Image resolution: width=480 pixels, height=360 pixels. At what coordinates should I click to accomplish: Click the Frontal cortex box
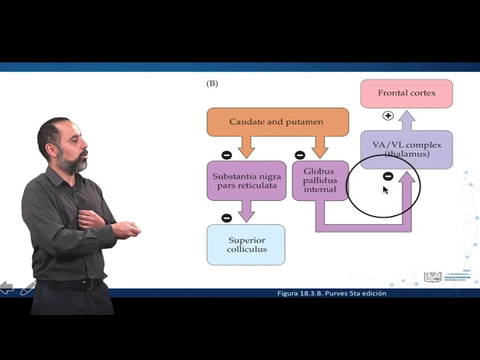click(406, 93)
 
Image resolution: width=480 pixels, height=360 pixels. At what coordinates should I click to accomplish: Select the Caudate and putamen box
click(277, 121)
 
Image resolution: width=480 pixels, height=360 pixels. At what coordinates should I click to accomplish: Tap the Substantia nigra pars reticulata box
click(246, 180)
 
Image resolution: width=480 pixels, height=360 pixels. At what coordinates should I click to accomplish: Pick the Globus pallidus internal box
click(320, 180)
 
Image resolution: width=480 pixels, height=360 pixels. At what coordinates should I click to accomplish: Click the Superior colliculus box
click(246, 244)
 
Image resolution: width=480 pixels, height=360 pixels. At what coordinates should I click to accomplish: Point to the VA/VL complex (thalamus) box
click(406, 148)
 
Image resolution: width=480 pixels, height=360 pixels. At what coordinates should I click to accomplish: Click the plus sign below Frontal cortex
click(388, 115)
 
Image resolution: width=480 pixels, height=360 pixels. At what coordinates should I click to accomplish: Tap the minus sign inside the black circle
click(388, 176)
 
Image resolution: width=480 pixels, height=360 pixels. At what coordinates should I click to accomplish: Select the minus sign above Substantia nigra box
click(226, 155)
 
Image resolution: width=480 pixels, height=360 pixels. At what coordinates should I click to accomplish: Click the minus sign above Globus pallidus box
click(300, 155)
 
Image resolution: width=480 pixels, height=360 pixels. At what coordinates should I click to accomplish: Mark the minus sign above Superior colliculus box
click(226, 218)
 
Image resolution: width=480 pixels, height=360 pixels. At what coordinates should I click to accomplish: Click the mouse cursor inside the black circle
click(385, 190)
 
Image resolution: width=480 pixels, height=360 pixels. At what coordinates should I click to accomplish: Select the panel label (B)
click(212, 83)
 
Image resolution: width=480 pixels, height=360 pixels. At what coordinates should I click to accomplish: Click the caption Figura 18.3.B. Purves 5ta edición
click(331, 293)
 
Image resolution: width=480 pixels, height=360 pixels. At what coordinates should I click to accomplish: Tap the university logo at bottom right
click(433, 277)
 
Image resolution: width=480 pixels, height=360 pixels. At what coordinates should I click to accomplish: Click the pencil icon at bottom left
click(28, 288)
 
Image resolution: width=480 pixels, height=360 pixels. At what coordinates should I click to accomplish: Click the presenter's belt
click(71, 283)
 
